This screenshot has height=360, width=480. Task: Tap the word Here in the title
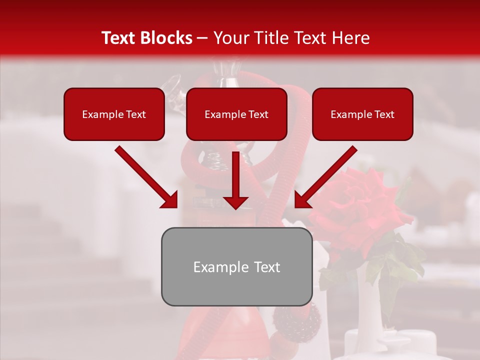click(x=350, y=38)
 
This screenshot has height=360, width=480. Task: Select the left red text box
click(x=114, y=114)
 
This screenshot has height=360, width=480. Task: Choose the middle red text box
click(x=236, y=114)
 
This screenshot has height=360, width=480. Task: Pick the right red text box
click(x=362, y=114)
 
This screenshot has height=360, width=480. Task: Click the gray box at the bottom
click(x=236, y=266)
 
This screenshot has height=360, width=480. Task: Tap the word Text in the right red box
click(x=383, y=114)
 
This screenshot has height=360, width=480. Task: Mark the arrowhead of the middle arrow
click(x=235, y=201)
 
